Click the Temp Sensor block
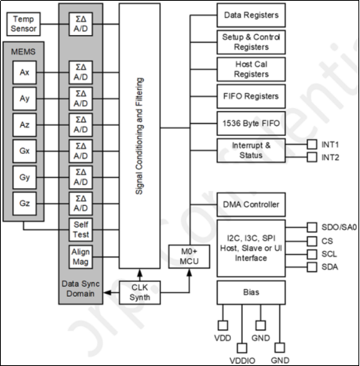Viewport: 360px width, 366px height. (x=26, y=23)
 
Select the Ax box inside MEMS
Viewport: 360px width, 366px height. (x=25, y=75)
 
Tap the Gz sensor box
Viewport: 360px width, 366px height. (x=25, y=203)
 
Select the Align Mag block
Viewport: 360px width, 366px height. (x=81, y=257)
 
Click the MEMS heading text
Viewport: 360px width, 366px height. (x=25, y=54)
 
